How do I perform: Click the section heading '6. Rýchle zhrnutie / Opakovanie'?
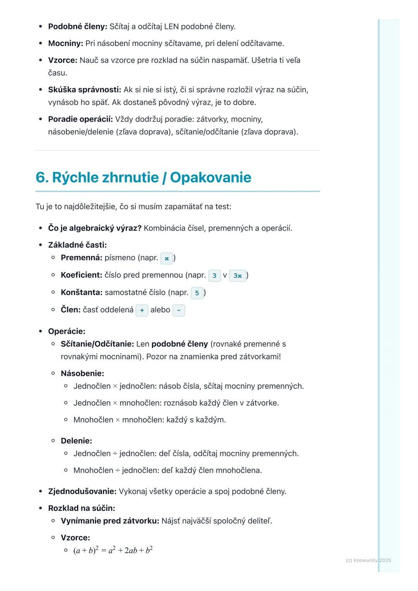coord(143,178)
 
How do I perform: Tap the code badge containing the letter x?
coord(166,258)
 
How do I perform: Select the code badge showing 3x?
coord(237,276)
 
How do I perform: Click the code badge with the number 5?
coord(197,293)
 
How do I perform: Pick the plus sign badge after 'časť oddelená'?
coord(142,311)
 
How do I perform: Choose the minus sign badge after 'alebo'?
coord(178,311)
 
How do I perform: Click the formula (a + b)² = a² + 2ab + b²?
coord(113,550)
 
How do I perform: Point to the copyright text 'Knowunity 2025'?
coord(368,560)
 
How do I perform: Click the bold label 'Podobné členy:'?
coord(77,27)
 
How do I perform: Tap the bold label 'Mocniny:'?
coord(65,43)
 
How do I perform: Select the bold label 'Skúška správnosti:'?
coord(84,90)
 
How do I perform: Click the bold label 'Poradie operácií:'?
coord(80,119)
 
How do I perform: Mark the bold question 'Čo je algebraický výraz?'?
coord(95,228)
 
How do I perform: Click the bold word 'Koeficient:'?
coord(81,275)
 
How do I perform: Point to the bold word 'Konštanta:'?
coord(81,292)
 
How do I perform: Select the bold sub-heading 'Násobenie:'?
coord(82,374)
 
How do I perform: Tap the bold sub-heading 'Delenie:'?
coord(76,441)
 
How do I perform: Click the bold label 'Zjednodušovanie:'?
coord(82,492)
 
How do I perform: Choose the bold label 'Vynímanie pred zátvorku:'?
coord(110,521)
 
